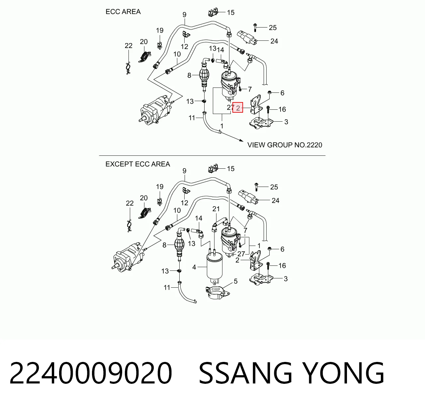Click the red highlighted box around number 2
pyautogui.click(x=238, y=107)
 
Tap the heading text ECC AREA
pyautogui.click(x=123, y=12)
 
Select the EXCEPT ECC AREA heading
pyautogui.click(x=137, y=164)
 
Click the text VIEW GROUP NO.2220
pyautogui.click(x=285, y=145)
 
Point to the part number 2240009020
pyautogui.click(x=91, y=373)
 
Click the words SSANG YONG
pyautogui.click(x=291, y=373)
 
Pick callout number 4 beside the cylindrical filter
pyautogui.click(x=194, y=267)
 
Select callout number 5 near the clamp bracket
pyautogui.click(x=235, y=281)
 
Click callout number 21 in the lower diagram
pyautogui.click(x=216, y=209)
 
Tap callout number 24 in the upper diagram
pyautogui.click(x=274, y=41)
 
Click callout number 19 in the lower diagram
pyautogui.click(x=160, y=187)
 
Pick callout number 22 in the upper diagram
pyautogui.click(x=128, y=45)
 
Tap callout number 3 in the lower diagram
pyautogui.click(x=286, y=279)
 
